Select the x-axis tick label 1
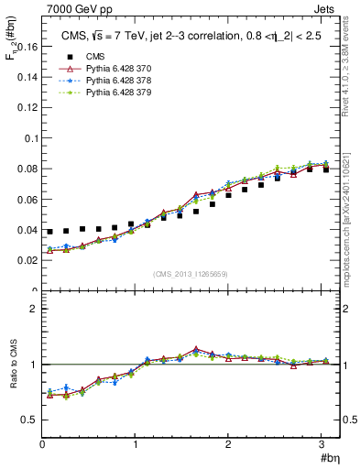136,443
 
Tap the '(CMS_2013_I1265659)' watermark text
191,273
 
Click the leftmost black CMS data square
50,232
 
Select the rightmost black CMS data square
325,169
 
